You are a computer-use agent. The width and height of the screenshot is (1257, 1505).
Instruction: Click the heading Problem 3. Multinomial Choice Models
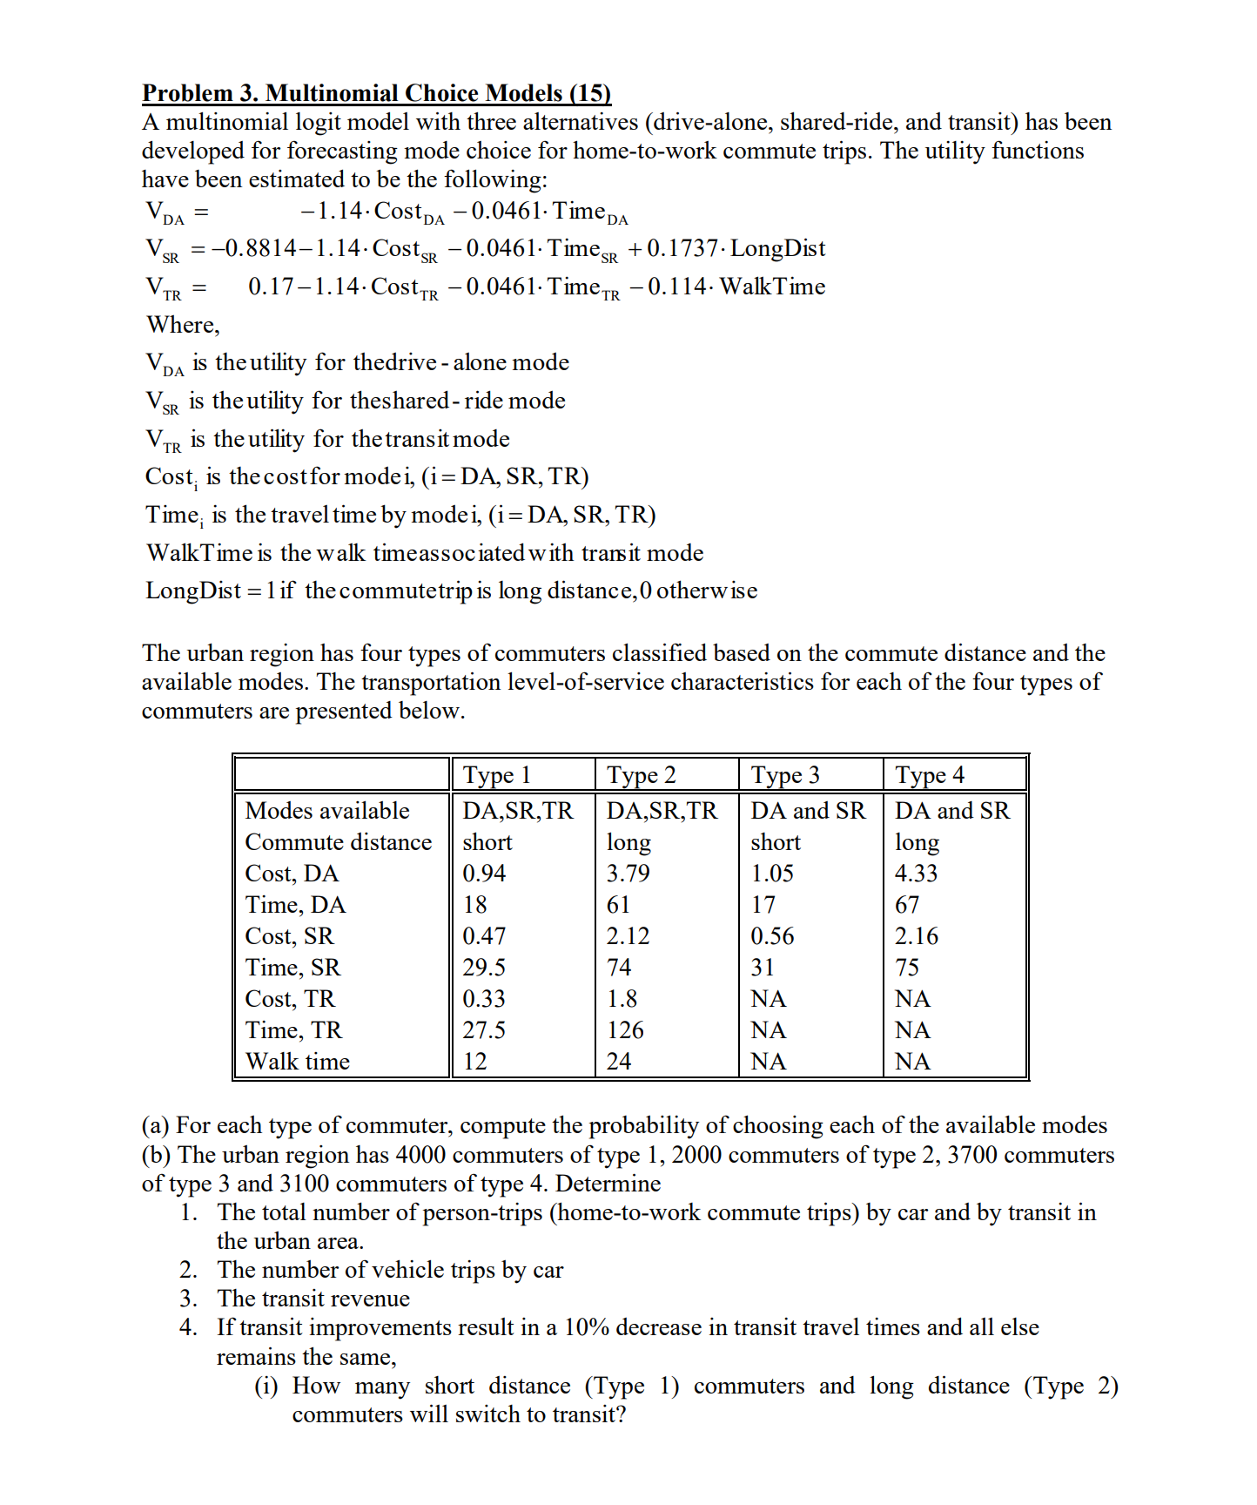(x=376, y=93)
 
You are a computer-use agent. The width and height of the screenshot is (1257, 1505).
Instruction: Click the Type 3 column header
(x=784, y=775)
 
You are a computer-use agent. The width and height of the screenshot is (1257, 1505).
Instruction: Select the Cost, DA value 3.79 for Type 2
(x=628, y=874)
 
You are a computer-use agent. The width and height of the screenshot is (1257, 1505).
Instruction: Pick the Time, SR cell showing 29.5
(x=483, y=968)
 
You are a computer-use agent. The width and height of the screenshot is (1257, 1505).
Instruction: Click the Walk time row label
(x=297, y=1062)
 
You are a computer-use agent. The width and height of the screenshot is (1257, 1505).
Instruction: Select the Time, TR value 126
(x=624, y=1030)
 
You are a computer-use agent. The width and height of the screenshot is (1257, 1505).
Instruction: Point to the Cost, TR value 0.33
(x=483, y=999)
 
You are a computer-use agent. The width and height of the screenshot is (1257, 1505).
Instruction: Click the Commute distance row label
(x=338, y=842)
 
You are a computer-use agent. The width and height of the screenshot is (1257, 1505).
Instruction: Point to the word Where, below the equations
(x=183, y=325)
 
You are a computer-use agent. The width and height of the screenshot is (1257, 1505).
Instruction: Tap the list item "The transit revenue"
(x=313, y=1299)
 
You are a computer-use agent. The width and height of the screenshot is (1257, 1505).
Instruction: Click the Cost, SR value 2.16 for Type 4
(x=916, y=936)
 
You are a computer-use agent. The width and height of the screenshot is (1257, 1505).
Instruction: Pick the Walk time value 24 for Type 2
(x=618, y=1062)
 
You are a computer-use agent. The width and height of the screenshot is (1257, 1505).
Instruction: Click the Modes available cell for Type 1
(x=517, y=811)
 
